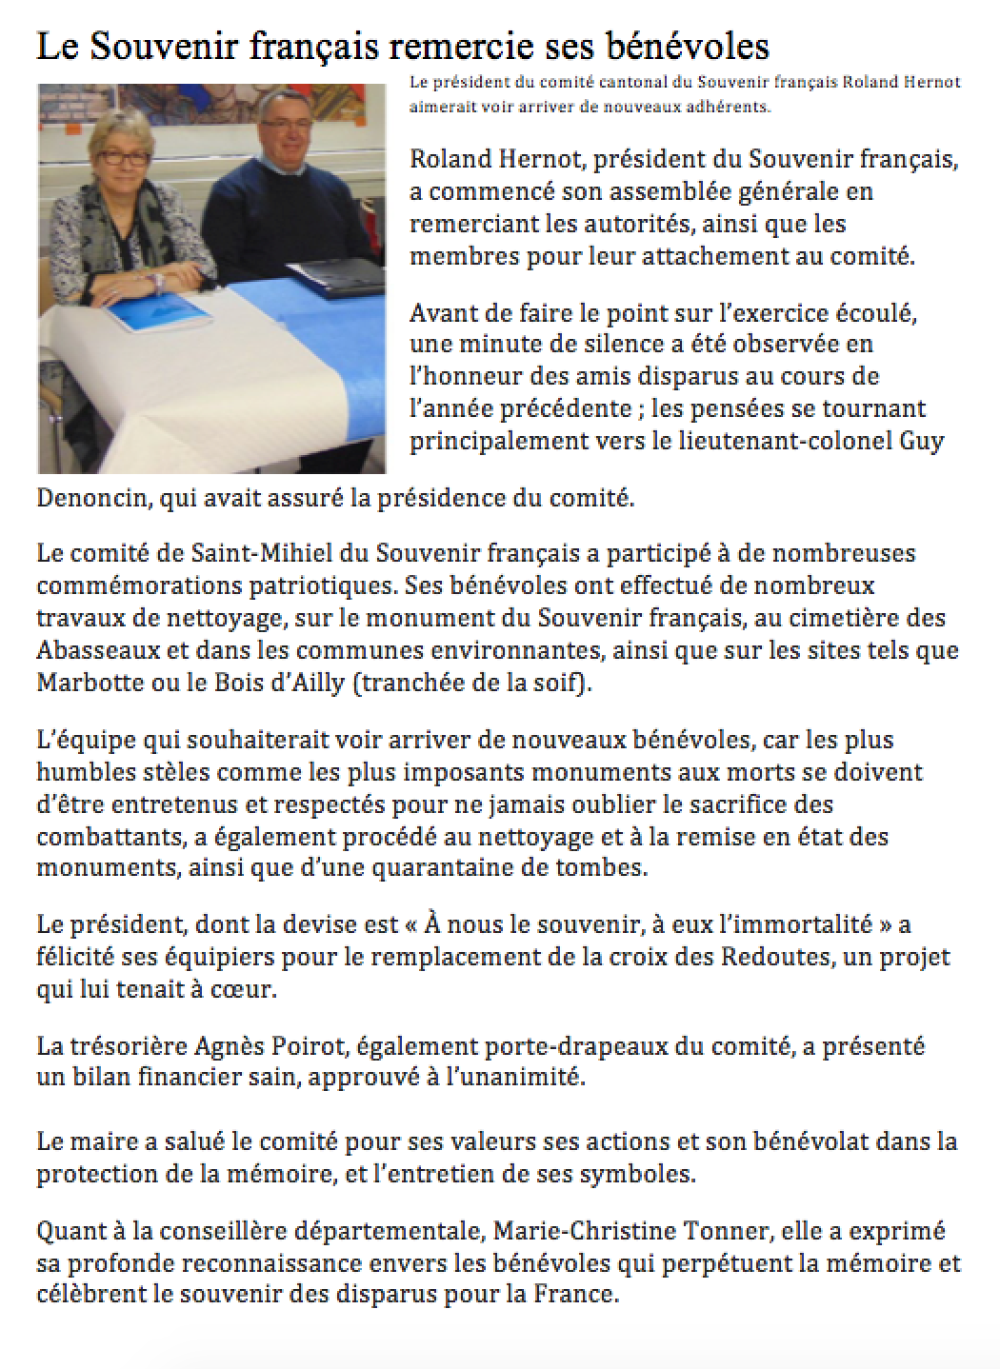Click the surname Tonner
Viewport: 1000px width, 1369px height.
tap(727, 1231)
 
